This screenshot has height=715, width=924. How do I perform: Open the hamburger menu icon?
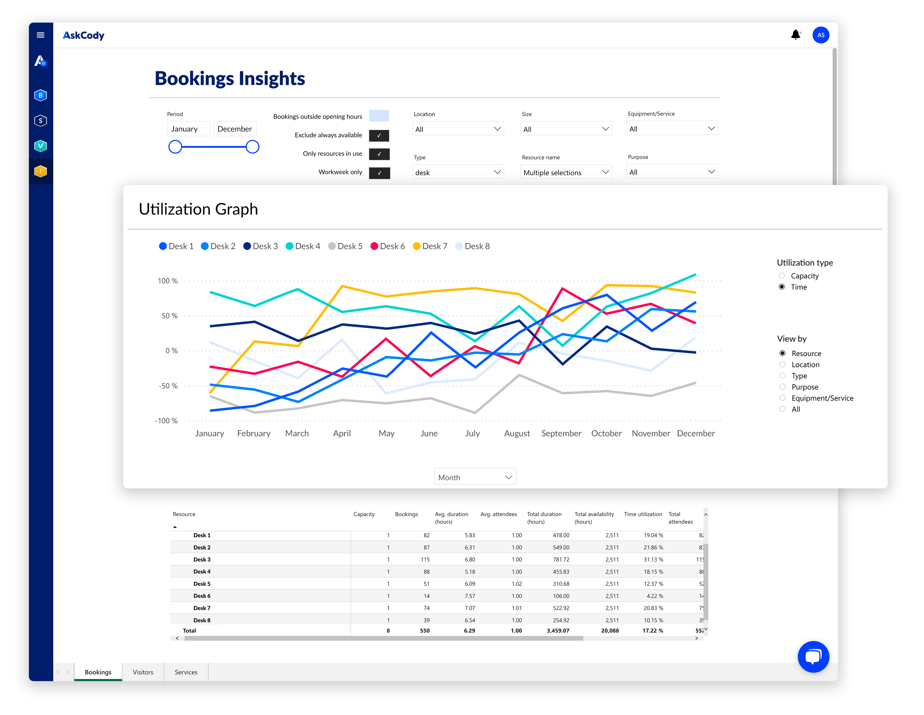click(x=41, y=35)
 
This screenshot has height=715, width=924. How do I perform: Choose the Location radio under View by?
click(x=782, y=364)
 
